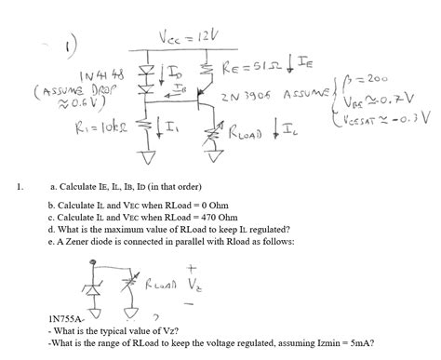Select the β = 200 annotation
click(382, 78)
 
